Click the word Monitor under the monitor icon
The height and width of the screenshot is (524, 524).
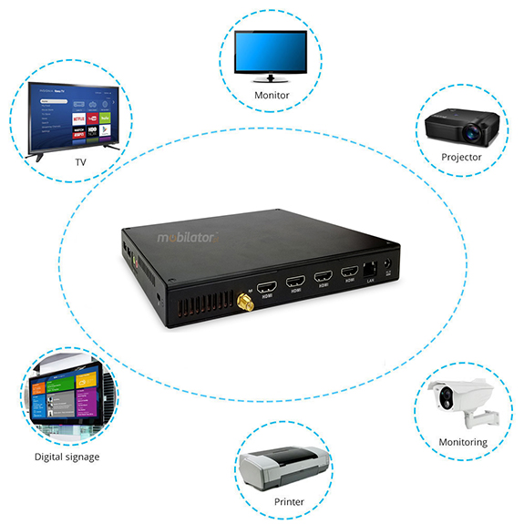[272, 95]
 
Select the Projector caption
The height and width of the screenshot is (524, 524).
[461, 157]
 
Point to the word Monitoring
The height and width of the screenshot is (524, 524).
[463, 442]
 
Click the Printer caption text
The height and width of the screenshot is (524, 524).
[289, 502]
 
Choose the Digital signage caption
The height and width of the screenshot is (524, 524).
[67, 457]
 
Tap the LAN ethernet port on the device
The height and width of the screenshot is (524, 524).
[369, 271]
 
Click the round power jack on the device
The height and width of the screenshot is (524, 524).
[390, 268]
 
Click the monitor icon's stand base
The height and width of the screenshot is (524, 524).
[272, 80]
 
